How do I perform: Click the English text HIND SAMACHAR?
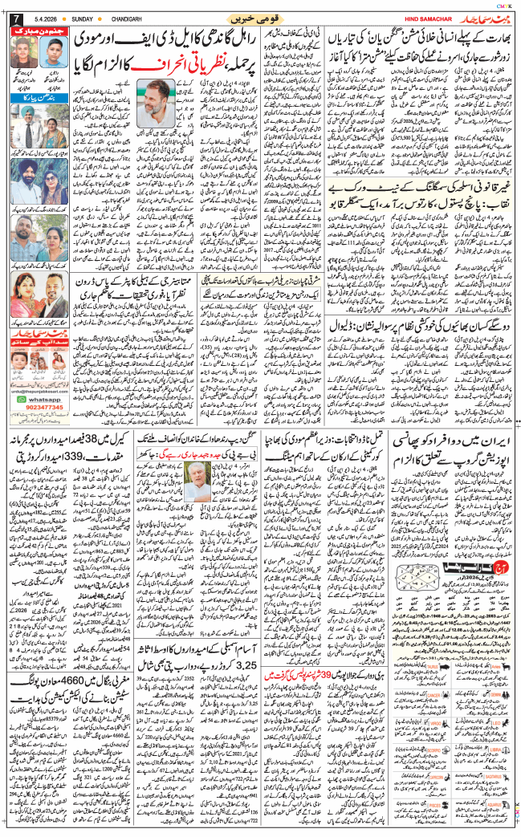coord(401,18)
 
